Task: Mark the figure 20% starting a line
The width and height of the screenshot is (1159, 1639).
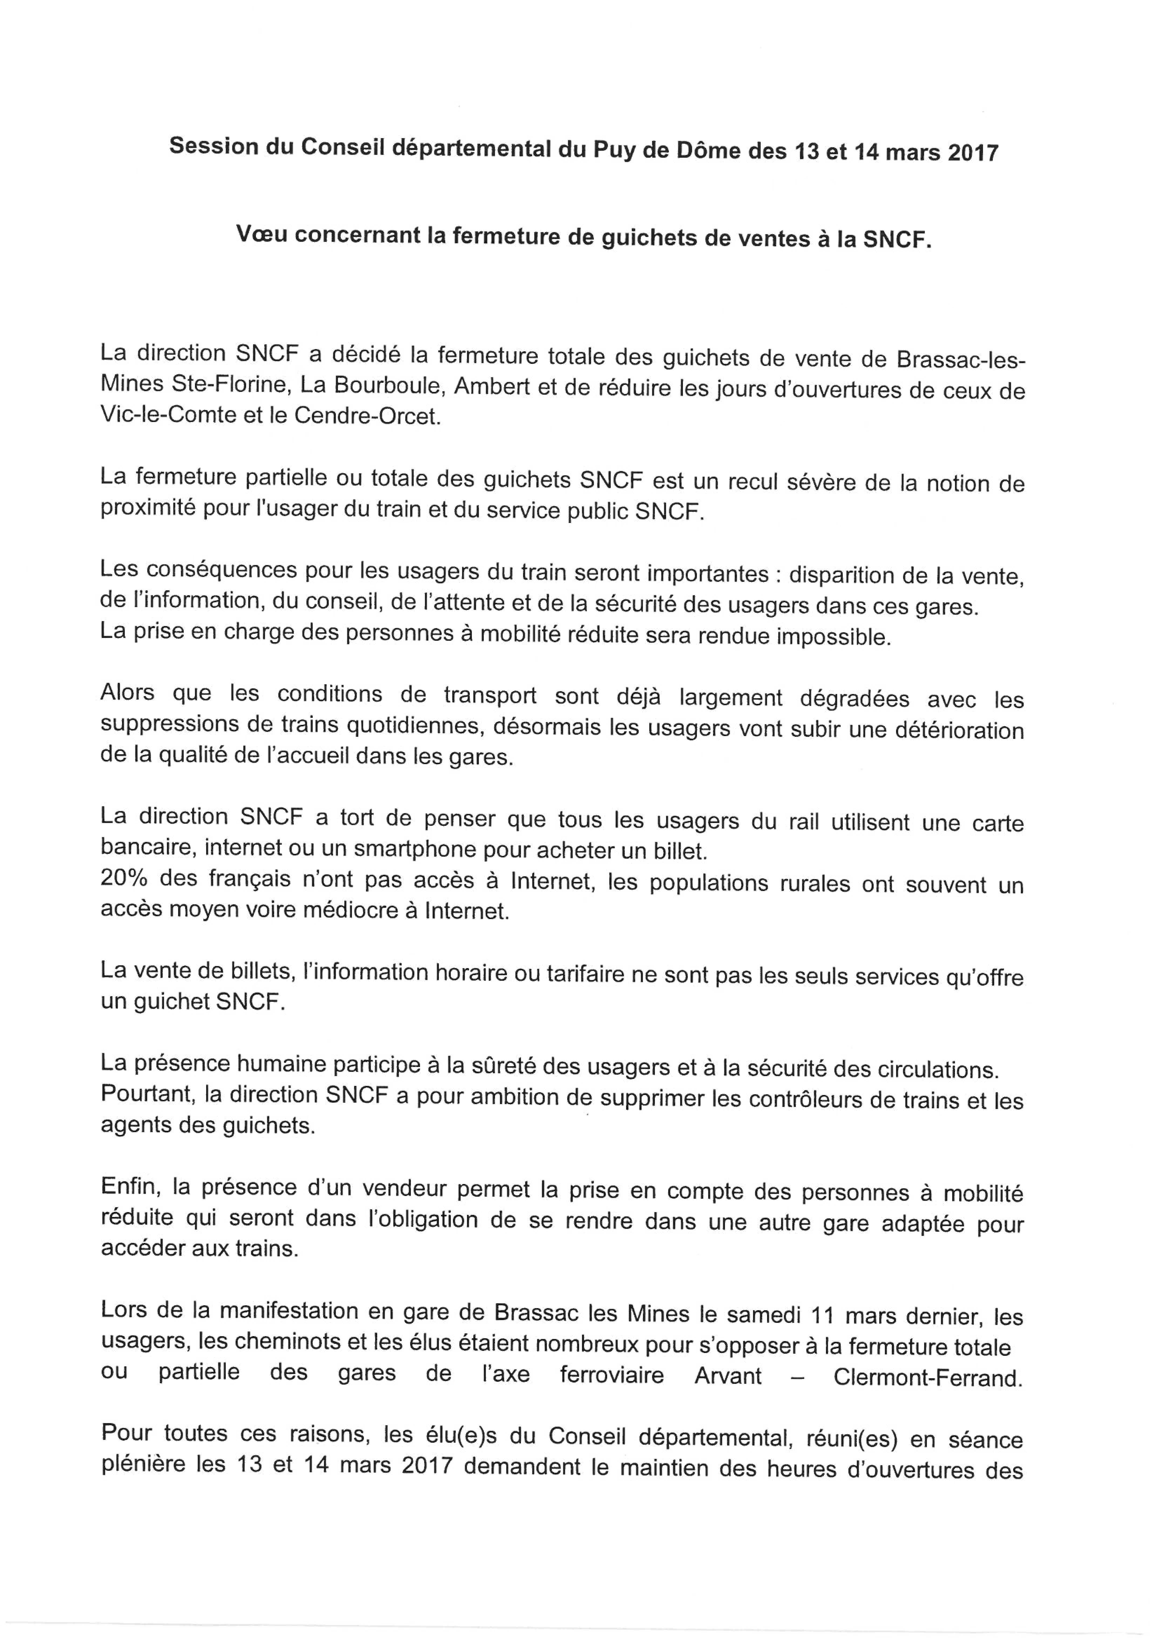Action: tap(124, 880)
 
